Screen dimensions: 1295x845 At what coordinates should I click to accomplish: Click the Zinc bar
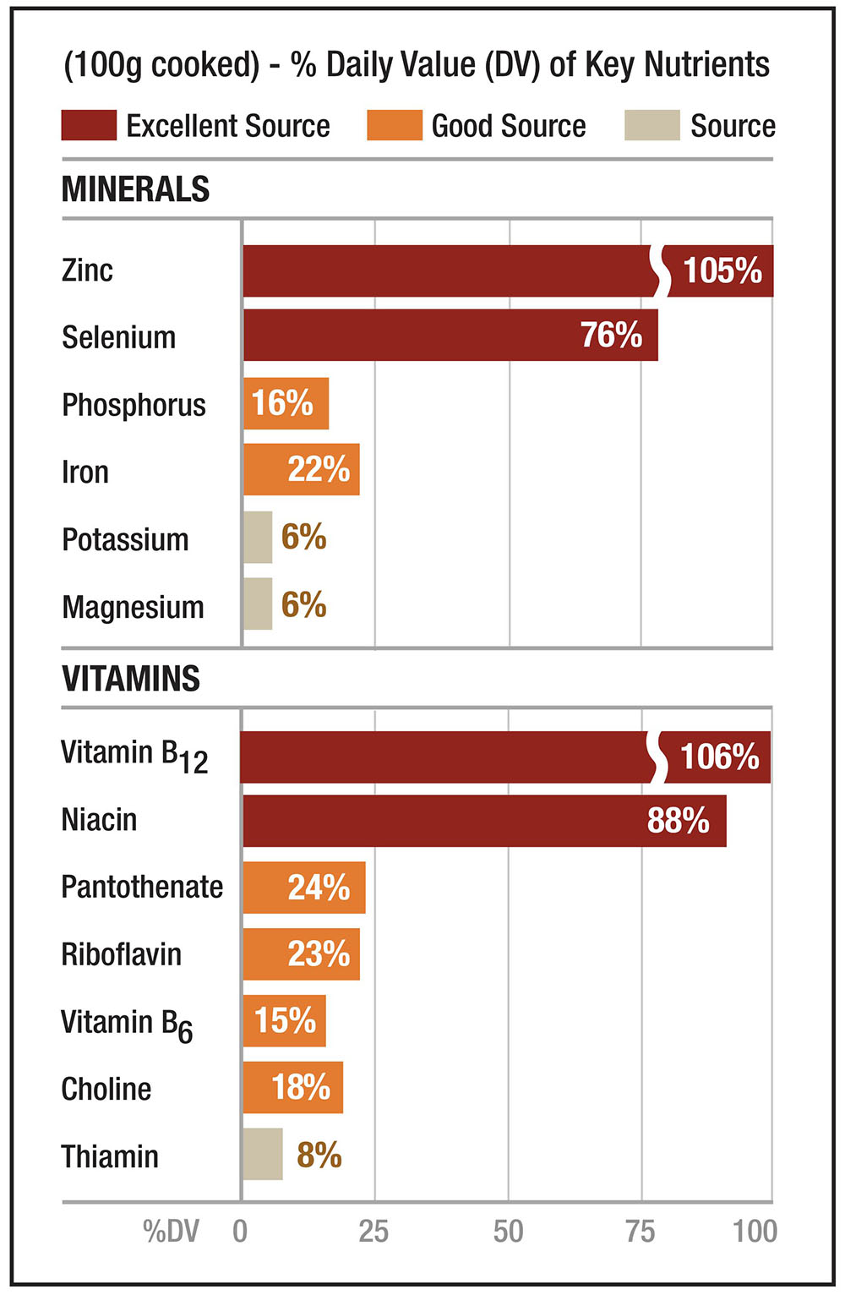448,270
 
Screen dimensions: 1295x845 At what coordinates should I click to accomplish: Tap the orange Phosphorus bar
286,403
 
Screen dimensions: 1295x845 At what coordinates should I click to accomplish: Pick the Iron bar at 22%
301,469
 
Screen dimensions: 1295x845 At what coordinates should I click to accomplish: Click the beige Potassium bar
258,537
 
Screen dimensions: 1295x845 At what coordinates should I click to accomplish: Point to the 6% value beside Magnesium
303,604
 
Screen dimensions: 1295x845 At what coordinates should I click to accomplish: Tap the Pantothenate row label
142,887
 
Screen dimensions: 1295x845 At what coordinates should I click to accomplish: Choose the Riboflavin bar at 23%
301,954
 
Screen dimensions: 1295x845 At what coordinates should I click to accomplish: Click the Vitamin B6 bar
284,1021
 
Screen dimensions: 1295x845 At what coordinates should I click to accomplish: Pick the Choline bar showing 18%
292,1087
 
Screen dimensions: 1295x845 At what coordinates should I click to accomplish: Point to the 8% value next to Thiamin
319,1155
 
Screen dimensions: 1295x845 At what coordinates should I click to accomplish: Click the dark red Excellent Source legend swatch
89,125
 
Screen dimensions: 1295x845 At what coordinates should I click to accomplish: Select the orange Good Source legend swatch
394,125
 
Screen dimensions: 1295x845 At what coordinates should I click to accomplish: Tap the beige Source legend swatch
651,125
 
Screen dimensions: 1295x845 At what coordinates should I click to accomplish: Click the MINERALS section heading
135,189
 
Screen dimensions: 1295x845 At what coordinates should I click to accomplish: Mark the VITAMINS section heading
131,678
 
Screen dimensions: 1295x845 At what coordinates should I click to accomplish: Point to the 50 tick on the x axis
508,1231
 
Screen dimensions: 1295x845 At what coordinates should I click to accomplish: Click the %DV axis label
171,1232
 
